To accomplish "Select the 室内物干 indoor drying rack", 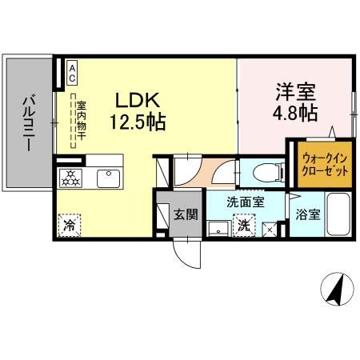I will pyautogui.click(x=80, y=123).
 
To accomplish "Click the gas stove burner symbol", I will pyautogui.click(x=70, y=177).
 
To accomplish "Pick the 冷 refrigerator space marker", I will pyautogui.click(x=70, y=226).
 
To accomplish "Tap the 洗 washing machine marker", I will pyautogui.click(x=244, y=226).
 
